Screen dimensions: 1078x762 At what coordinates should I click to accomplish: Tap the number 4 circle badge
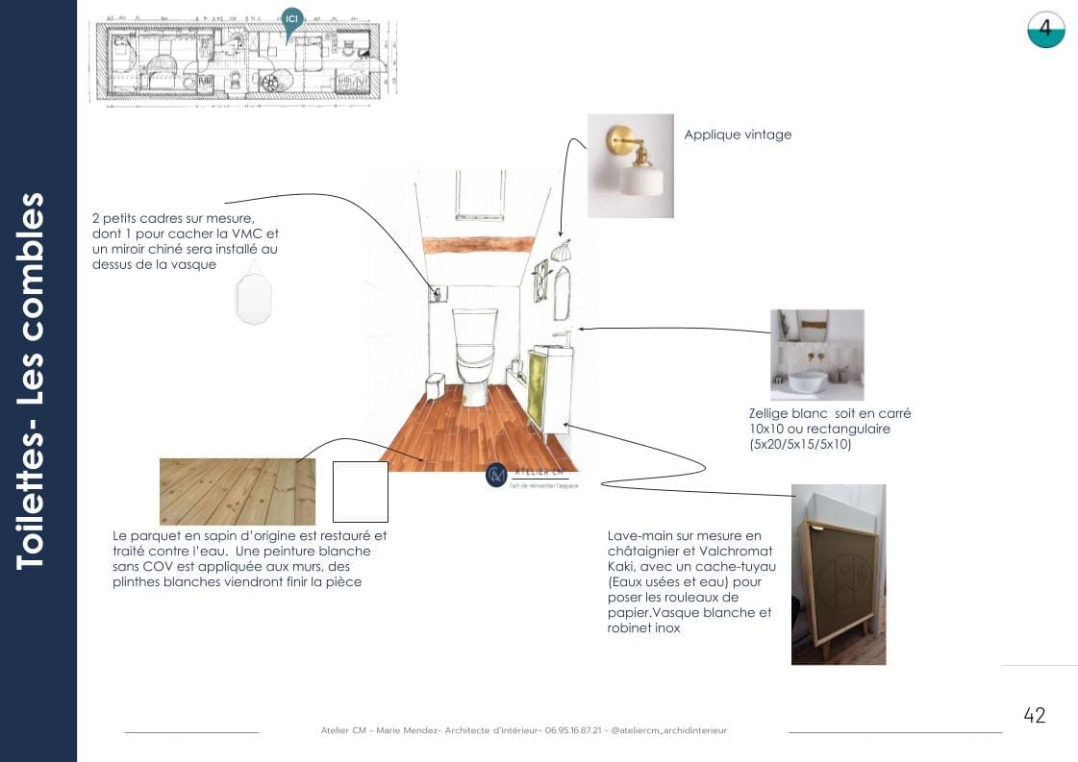(x=1045, y=30)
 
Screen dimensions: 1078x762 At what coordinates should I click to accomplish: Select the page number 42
(x=1034, y=715)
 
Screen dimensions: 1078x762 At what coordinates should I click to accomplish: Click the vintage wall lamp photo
(x=631, y=166)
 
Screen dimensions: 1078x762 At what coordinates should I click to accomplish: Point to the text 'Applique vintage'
(x=738, y=135)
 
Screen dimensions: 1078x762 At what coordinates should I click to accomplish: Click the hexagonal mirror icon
(x=254, y=298)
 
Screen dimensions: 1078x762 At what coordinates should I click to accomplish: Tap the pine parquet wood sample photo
(x=237, y=491)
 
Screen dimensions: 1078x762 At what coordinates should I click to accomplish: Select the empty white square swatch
(x=360, y=491)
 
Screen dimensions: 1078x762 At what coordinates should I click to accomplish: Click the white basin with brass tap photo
(x=816, y=355)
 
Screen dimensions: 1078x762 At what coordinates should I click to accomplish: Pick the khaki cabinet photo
(x=838, y=575)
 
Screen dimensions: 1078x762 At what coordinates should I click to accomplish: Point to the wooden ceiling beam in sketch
(x=477, y=245)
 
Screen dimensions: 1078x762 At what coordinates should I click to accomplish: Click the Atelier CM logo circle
(x=496, y=475)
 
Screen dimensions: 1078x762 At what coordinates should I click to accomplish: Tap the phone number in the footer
(x=575, y=730)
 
